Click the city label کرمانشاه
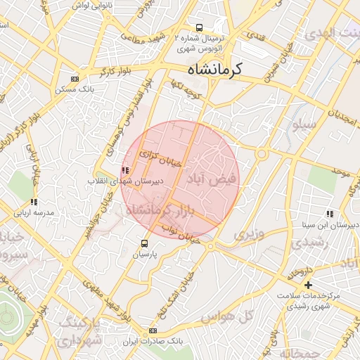pyautogui.click(x=215, y=69)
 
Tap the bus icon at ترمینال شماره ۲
pyautogui.click(x=200, y=28)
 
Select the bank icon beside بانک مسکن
pyautogui.click(x=75, y=79)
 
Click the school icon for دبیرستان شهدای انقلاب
pyautogui.click(x=125, y=169)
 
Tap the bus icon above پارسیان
pyautogui.click(x=144, y=243)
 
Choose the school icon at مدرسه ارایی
pyautogui.click(x=34, y=202)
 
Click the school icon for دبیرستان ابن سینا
pyautogui.click(x=329, y=214)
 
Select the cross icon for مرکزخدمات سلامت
pyautogui.click(x=308, y=285)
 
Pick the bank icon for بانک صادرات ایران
pyautogui.click(x=153, y=330)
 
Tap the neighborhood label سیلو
pyautogui.click(x=304, y=124)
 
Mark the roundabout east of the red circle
pyautogui.click(x=262, y=153)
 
